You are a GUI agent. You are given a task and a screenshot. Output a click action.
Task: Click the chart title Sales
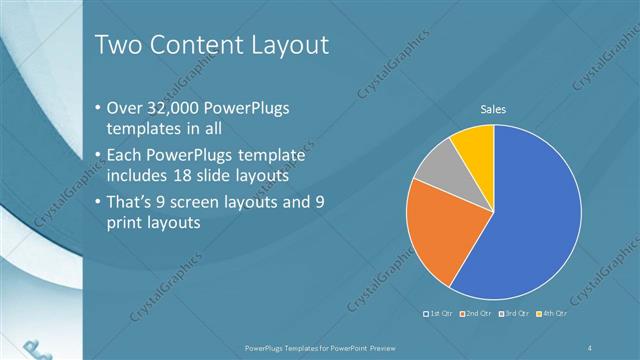click(x=492, y=109)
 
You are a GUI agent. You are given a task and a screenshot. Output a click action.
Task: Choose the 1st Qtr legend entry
click(x=439, y=314)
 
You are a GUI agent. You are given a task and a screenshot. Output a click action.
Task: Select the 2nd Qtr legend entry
click(x=476, y=314)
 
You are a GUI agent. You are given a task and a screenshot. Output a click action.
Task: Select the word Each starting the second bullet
click(x=126, y=155)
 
